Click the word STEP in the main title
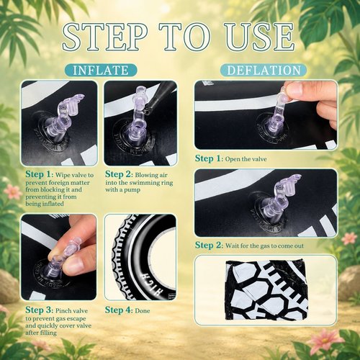104,37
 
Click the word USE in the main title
260,37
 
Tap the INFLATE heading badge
101,71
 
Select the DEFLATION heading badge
264,71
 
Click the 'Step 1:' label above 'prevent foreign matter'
39,174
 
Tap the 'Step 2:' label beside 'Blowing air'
119,174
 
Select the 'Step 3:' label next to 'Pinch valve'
39,310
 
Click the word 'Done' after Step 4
143,311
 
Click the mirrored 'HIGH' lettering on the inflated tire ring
153,284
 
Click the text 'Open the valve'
246,159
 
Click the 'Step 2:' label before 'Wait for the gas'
209,245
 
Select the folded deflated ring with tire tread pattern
267,291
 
